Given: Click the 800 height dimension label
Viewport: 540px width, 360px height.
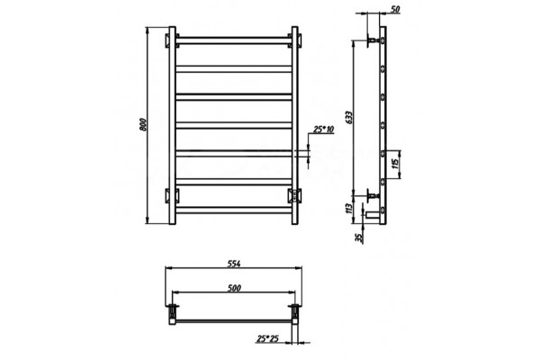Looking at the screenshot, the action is coord(143,124).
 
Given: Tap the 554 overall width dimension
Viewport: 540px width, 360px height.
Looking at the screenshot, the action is coord(234,264).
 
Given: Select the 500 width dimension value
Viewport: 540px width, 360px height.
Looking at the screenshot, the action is coord(234,288).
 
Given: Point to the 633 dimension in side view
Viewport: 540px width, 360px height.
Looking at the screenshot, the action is coord(349,118).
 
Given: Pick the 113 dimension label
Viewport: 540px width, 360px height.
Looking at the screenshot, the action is coord(348,209).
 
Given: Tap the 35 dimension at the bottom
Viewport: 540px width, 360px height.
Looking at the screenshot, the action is coord(358,238).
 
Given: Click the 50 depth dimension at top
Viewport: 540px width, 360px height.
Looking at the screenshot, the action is coord(396,9).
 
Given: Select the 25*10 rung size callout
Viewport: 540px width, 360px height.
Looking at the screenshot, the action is coord(323,130).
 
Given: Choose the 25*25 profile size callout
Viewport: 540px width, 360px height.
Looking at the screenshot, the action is coord(267,338).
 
